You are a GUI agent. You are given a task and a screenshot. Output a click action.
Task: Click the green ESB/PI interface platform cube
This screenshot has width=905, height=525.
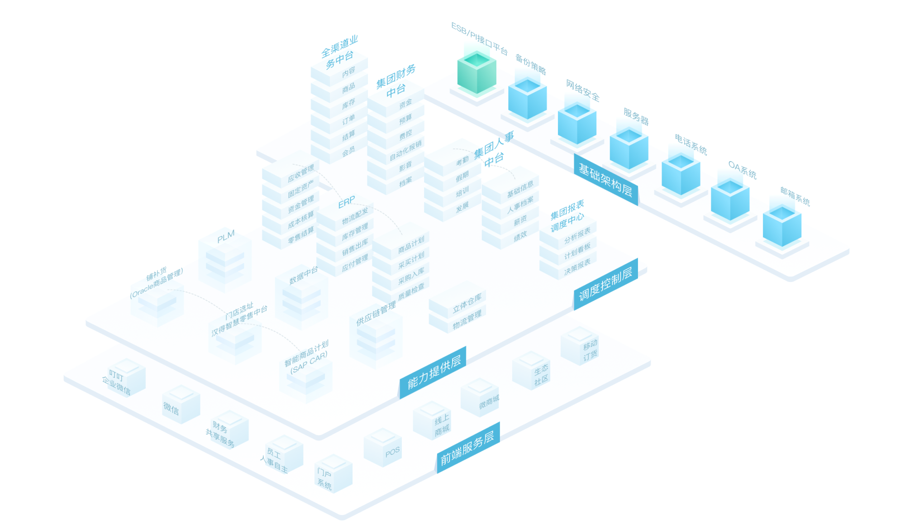476,72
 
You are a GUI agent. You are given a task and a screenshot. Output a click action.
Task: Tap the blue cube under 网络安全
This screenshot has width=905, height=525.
576,124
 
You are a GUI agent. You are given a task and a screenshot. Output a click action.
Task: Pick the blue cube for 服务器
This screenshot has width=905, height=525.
629,149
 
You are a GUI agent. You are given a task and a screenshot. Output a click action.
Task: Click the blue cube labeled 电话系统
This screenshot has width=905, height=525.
681,175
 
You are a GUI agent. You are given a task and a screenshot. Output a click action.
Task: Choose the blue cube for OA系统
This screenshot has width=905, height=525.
730,200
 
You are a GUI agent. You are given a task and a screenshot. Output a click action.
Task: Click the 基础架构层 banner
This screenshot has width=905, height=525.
605,179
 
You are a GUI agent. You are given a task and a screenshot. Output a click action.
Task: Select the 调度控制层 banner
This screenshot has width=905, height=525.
605,284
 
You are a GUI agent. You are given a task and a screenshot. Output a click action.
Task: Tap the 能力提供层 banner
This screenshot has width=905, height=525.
433,372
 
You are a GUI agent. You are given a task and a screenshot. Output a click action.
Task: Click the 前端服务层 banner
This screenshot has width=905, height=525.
468,448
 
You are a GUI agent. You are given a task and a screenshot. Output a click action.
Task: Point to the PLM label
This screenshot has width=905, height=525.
226,236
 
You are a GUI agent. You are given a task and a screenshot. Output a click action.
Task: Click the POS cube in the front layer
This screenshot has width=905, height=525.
383,448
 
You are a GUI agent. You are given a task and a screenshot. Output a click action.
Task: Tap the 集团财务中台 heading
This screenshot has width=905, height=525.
396,81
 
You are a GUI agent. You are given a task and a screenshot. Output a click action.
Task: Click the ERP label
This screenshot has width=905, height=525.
347,202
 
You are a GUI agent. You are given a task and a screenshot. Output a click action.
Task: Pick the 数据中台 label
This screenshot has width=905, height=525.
303,275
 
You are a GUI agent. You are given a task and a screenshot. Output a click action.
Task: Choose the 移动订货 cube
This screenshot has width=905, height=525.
580,346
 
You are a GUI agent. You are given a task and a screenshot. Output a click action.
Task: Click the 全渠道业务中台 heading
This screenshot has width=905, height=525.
339,52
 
